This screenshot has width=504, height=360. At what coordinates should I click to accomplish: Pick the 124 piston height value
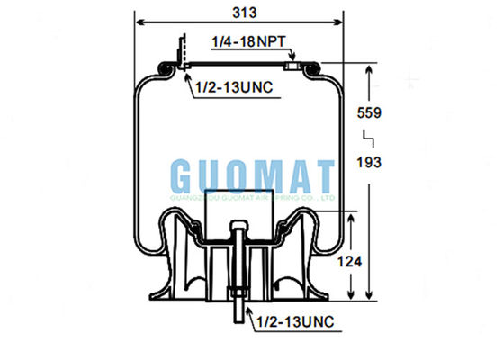point(357,261)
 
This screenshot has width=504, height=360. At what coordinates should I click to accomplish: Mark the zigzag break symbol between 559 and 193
point(368,138)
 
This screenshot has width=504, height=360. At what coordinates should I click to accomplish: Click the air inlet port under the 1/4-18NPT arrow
point(291,65)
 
